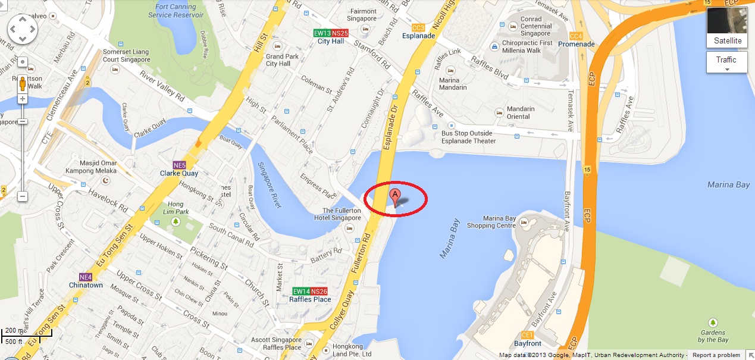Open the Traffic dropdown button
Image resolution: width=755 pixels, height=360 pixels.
726,62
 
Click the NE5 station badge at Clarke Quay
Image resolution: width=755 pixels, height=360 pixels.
179,165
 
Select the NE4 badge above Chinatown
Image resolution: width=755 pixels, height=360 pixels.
86,277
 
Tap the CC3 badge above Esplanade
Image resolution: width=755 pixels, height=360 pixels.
418,27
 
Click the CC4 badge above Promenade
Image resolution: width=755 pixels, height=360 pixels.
575,36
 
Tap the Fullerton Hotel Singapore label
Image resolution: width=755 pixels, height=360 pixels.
342,214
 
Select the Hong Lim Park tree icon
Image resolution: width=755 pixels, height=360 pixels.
176,221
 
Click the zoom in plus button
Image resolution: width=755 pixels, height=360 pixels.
23,99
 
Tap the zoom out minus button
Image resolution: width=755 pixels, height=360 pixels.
23,196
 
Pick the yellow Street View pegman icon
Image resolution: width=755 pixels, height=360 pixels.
23,84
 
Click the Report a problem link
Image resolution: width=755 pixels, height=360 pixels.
716,355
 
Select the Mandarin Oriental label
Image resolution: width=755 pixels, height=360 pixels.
521,112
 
